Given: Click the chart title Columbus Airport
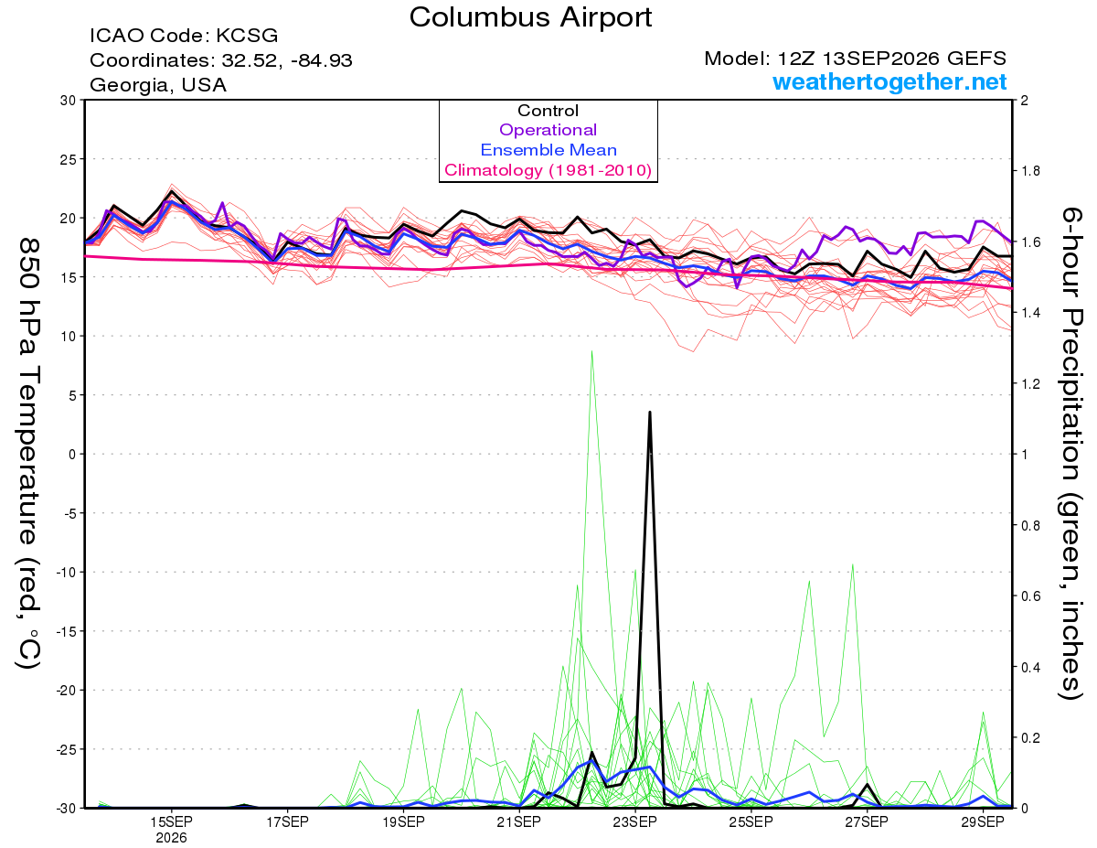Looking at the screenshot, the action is click(x=530, y=17).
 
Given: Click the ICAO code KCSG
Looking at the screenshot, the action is click(x=247, y=36).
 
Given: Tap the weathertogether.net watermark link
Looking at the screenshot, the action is click(x=889, y=81).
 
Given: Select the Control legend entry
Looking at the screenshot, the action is click(x=548, y=110).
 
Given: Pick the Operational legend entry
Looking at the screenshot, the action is click(x=548, y=130).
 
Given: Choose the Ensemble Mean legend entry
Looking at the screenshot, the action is click(x=548, y=150).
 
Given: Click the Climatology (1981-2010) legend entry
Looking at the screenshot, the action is click(x=548, y=170).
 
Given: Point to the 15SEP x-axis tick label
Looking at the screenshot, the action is click(x=171, y=821).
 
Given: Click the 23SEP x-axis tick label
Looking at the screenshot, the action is click(x=635, y=821).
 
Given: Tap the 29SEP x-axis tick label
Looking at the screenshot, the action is click(x=983, y=821).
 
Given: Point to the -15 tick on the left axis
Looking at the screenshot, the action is click(x=65, y=631).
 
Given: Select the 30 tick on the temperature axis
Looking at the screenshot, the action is click(x=69, y=100).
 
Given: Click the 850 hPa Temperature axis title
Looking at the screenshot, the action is click(x=28, y=454).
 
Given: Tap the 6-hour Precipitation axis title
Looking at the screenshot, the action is click(x=1070, y=453).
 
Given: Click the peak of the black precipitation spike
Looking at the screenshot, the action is click(x=650, y=412).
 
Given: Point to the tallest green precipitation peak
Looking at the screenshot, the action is click(x=591, y=350).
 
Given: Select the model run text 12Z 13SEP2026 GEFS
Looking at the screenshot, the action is click(x=891, y=59).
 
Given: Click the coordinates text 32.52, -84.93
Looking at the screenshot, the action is click(x=287, y=60).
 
